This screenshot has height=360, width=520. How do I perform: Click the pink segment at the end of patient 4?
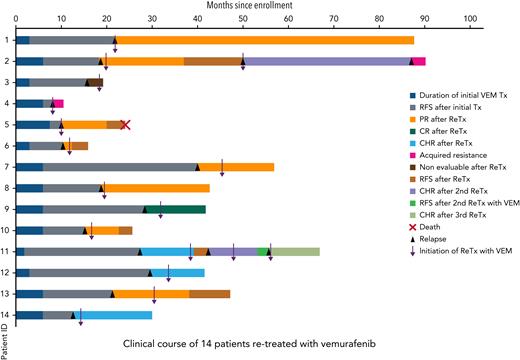(x=59, y=103)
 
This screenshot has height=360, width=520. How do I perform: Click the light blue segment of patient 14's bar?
(x=115, y=315)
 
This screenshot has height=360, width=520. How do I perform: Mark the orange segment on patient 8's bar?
(x=157, y=188)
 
